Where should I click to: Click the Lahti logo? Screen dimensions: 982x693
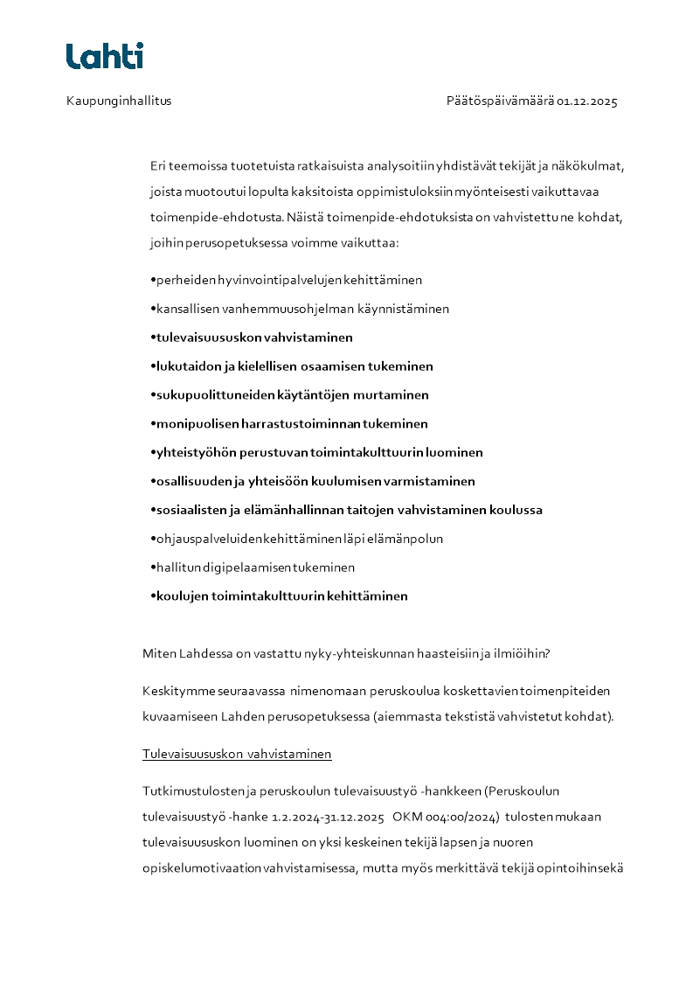(x=104, y=56)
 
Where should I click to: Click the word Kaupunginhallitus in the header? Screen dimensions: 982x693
(x=119, y=101)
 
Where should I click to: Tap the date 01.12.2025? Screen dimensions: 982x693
(x=587, y=101)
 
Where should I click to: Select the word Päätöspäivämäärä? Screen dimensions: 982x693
(x=500, y=101)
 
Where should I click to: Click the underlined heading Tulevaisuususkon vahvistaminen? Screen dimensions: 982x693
(x=237, y=754)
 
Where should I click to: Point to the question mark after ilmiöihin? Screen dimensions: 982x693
(x=546, y=653)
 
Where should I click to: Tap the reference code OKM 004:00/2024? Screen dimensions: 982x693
(x=446, y=817)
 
